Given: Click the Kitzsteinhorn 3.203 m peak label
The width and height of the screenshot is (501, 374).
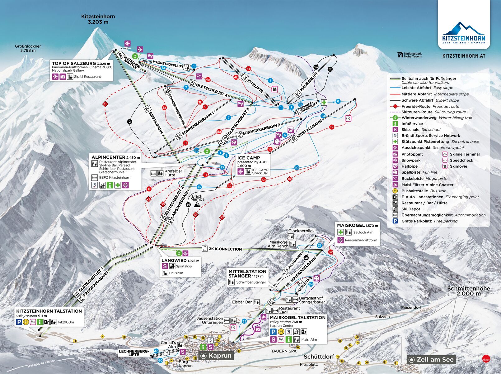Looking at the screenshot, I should click(98, 19).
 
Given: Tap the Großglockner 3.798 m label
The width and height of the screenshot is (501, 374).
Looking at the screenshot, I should click(28, 48).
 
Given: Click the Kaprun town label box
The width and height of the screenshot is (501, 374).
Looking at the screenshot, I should click(216, 356).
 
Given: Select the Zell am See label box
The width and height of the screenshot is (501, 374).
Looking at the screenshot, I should click(431, 359).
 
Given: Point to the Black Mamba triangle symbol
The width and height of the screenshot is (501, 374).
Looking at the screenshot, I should click(197, 204).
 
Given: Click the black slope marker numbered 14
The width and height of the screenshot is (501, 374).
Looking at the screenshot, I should click(188, 204).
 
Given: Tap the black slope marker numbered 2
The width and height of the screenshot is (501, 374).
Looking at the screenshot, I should click(130, 122).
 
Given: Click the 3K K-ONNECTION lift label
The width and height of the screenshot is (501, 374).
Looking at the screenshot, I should click(225, 249).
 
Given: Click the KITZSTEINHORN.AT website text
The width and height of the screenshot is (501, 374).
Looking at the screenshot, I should click(464, 56).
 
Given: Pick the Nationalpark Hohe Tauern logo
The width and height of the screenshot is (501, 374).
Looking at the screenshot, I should click(410, 55).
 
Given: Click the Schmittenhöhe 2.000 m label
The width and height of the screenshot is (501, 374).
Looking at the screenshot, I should click(468, 291).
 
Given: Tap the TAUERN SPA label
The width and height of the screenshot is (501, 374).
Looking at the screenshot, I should click(283, 351).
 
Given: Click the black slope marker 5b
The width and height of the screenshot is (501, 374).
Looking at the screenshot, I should click(330, 69).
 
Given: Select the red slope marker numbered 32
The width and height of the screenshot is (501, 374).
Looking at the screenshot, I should click(330, 252).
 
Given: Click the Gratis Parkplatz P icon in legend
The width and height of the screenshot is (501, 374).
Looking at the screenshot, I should click(395, 221).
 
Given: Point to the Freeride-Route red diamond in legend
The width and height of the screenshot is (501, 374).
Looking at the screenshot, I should click(395, 106).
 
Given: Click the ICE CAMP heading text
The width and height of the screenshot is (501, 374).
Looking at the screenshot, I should click(248, 158).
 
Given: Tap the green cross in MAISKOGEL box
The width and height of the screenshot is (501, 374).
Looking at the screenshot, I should click(340, 232).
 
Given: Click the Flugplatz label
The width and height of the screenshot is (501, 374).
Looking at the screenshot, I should click(309, 364).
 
